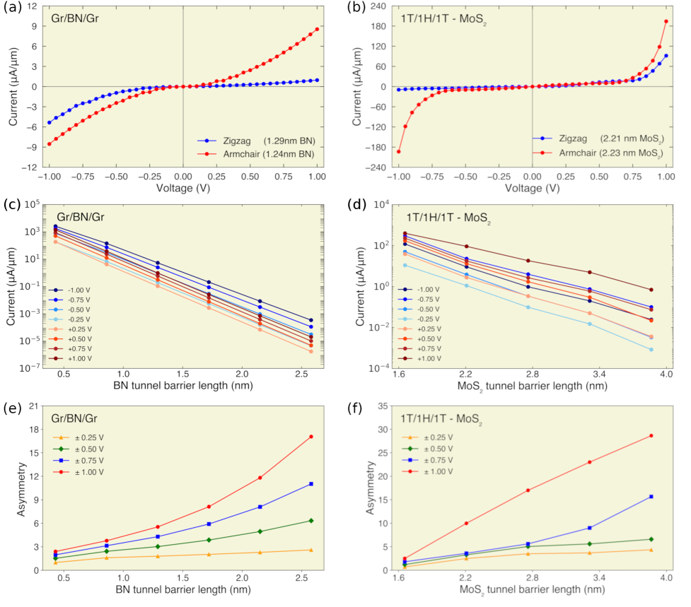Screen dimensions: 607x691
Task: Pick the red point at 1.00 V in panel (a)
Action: (x=318, y=29)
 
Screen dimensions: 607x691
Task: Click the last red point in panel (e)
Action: (x=310, y=437)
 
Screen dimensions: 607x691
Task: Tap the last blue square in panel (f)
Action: (x=651, y=497)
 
